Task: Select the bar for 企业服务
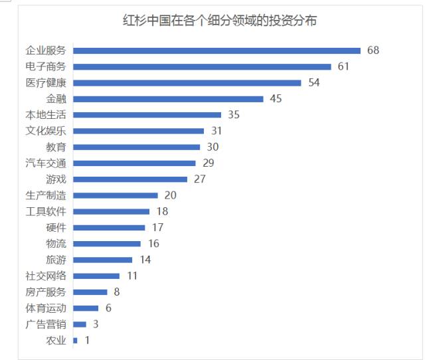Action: [x=216, y=50]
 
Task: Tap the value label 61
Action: [x=343, y=66]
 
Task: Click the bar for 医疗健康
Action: [x=187, y=83]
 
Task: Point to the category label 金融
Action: [x=56, y=99]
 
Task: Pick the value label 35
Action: [x=233, y=115]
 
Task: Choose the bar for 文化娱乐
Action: [x=138, y=131]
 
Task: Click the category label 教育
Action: [x=56, y=147]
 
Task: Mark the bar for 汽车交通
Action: [x=134, y=163]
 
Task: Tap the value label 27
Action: [x=200, y=179]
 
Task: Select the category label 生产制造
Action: [x=46, y=195]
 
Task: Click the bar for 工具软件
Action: [x=111, y=211]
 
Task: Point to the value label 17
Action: [x=157, y=227]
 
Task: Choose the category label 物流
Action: [x=56, y=244]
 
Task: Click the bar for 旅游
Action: [x=102, y=260]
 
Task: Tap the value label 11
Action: [x=131, y=276]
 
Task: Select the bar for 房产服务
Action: [x=90, y=292]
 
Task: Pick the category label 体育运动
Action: [x=46, y=308]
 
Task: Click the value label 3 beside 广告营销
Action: [x=96, y=324]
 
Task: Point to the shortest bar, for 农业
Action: [x=75, y=340]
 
